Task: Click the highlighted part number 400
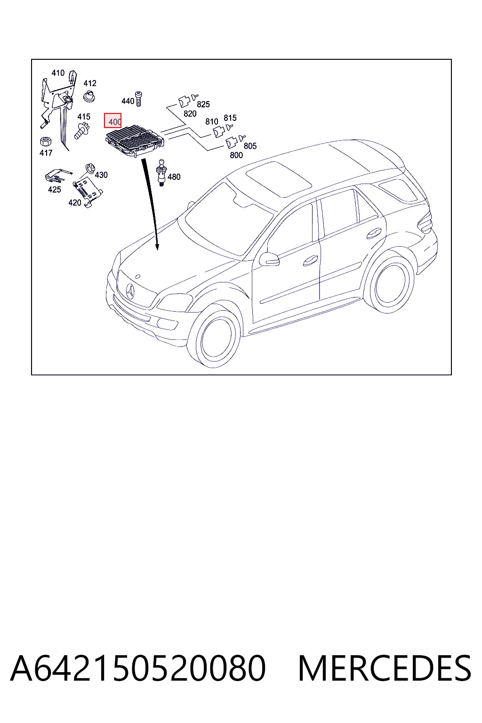112,120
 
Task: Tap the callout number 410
58,73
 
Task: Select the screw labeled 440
139,99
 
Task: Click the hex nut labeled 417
46,141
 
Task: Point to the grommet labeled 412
89,96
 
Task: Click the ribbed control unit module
135,141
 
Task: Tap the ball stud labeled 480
161,172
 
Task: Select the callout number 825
203,104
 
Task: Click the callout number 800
236,155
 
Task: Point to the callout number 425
54,190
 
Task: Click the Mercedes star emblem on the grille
130,291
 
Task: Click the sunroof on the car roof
279,179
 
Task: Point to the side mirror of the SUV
269,258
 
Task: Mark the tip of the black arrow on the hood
157,250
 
